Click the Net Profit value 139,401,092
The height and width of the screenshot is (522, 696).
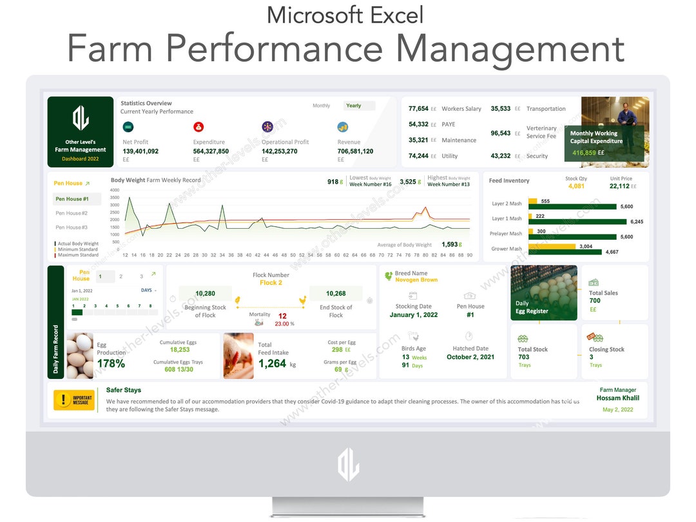pyautogui.click(x=140, y=151)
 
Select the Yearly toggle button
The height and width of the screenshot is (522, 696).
pyautogui.click(x=354, y=106)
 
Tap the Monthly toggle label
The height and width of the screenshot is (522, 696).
pyautogui.click(x=321, y=106)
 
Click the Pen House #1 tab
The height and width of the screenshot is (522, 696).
pyautogui.click(x=72, y=199)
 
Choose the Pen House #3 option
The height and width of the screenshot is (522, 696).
pyautogui.click(x=72, y=227)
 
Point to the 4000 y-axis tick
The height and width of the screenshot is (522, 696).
pyautogui.click(x=115, y=190)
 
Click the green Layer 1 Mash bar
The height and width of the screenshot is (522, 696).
pyautogui.click(x=577, y=222)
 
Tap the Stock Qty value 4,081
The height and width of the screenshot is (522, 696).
pyautogui.click(x=576, y=186)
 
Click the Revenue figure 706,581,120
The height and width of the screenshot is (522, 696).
pyautogui.click(x=355, y=151)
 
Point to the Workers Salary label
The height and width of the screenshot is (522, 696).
pyautogui.click(x=461, y=109)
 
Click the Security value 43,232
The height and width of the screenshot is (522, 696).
pyautogui.click(x=501, y=156)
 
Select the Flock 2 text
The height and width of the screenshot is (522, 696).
pyautogui.click(x=271, y=283)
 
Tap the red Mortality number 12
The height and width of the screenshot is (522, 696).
pyautogui.click(x=282, y=316)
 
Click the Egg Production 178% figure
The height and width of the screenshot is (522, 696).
pyautogui.click(x=111, y=363)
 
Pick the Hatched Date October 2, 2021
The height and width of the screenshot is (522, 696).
pyautogui.click(x=470, y=357)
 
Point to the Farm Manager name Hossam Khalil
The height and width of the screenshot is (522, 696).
pyautogui.click(x=618, y=398)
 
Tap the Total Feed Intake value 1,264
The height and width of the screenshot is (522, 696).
pyautogui.click(x=272, y=363)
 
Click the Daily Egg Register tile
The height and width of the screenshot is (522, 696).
pyautogui.click(x=544, y=293)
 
